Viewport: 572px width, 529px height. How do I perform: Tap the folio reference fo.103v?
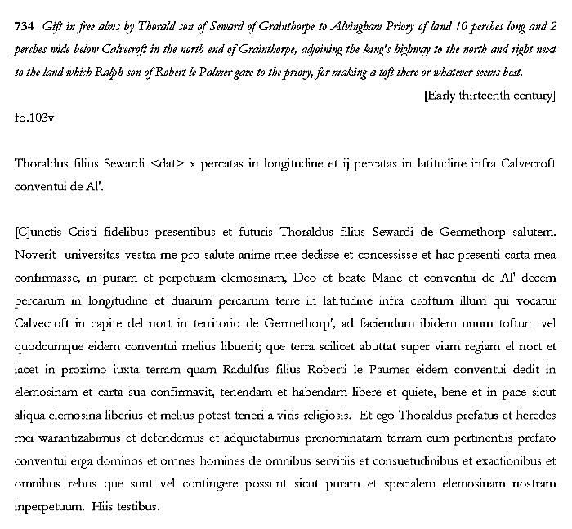click(34, 117)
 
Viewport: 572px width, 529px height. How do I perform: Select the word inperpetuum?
click(48, 507)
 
